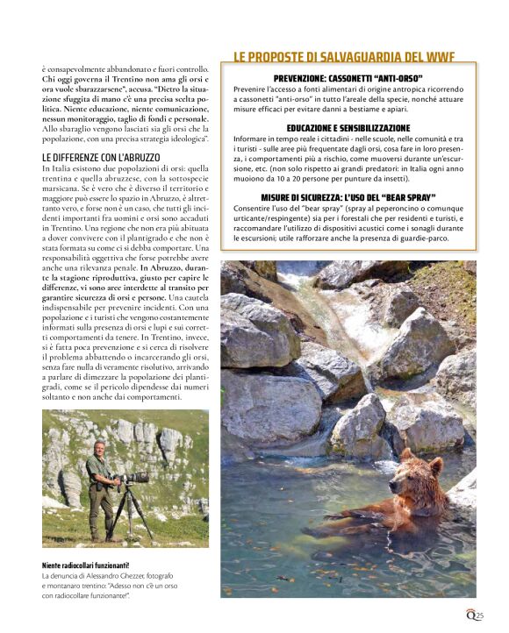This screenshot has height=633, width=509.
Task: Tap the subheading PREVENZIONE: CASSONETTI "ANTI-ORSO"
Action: [348, 79]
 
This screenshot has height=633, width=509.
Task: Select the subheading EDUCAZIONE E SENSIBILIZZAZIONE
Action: [348, 128]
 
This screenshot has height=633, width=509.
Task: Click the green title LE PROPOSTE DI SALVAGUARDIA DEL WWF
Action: [344, 58]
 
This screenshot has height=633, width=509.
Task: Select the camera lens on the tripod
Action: [134, 478]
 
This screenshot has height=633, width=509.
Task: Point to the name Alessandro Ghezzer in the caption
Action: [117, 575]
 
